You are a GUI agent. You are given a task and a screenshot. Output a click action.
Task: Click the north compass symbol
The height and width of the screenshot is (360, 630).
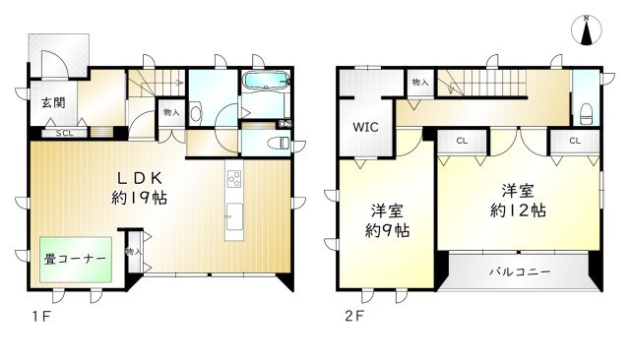coord(587,30)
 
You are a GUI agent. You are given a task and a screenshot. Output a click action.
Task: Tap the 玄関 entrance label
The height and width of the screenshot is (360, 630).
coord(53,102)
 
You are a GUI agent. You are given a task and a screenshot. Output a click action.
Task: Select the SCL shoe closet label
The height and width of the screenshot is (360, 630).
coord(64,133)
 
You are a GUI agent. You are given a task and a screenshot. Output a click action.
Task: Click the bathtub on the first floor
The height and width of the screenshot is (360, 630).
coord(267,81)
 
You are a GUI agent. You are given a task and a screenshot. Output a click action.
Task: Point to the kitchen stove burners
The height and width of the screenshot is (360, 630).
coord(234,179)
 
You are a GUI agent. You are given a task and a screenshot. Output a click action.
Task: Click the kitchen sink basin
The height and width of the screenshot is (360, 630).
coord(234,216)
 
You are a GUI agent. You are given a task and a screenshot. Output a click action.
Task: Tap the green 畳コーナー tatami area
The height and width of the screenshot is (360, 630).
coord(76,260)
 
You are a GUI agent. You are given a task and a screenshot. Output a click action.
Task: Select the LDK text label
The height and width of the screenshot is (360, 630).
coord(139,178)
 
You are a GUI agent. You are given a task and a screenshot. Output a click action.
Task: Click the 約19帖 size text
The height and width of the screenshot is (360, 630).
coord(139,198)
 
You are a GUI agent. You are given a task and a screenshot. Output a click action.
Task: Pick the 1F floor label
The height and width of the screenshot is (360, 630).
coord(41,317)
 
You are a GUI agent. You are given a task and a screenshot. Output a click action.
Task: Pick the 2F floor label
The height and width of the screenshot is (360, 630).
coord(354,317)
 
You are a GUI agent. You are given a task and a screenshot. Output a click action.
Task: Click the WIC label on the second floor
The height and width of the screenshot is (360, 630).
coord(365,127)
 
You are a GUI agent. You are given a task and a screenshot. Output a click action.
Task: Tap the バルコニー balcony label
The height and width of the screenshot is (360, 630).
coord(520,272)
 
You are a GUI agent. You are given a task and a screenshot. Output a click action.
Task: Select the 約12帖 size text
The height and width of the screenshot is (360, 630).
coord(518,210)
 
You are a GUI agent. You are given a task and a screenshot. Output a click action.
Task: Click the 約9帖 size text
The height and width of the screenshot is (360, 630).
coord(387,230)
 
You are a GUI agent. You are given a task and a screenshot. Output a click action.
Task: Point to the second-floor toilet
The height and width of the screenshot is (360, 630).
coord(587,113)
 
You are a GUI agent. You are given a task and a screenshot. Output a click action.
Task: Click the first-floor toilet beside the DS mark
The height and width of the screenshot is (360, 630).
coord(278,143)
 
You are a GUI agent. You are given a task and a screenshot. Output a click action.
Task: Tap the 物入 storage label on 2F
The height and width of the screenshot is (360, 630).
coord(420,83)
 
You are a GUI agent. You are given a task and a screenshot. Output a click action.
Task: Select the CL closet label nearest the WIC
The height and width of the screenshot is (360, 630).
coord(462,141)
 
